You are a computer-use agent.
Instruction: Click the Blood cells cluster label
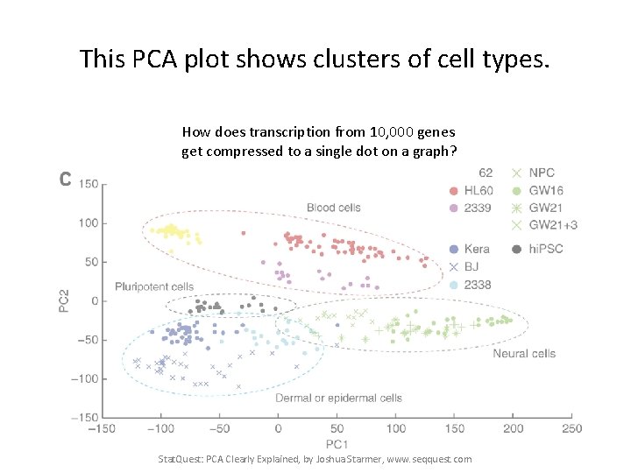point(333,208)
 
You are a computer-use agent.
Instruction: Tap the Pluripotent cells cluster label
point(154,286)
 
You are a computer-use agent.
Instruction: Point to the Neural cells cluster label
point(524,353)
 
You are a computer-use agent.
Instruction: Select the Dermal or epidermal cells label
point(338,398)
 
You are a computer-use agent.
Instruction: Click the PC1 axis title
point(337,444)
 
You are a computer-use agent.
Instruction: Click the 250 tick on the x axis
point(571,428)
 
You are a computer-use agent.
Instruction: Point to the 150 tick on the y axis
point(89,184)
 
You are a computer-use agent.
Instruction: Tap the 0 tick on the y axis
point(94,300)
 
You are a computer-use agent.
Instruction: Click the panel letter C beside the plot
point(64,180)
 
